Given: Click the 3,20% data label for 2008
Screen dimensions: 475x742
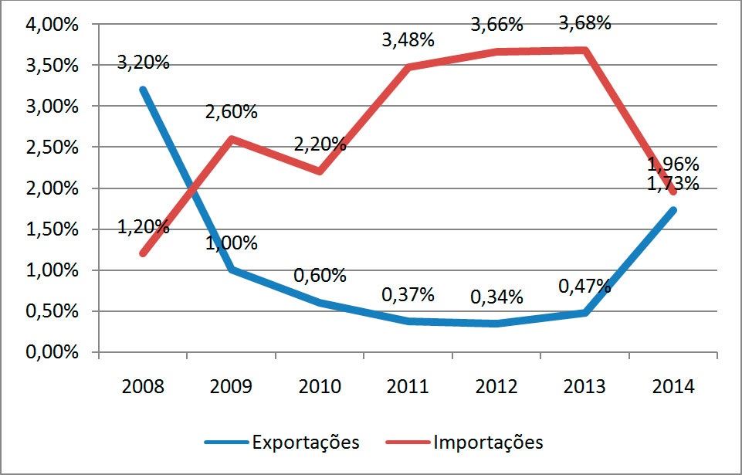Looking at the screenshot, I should (144, 63).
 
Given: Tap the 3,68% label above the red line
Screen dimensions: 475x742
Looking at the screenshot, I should (584, 22).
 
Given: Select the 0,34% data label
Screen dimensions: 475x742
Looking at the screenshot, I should (496, 297).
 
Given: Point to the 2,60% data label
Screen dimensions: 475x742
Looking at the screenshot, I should (231, 112).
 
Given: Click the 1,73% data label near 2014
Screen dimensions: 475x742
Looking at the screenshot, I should (673, 184).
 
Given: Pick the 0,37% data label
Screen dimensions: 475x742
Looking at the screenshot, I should (408, 294).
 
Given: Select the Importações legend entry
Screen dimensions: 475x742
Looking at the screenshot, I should (488, 443).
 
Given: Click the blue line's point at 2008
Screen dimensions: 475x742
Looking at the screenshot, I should (143, 90).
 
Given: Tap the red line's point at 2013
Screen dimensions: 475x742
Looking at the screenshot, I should (584, 50).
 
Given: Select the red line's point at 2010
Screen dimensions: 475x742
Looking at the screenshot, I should (320, 171).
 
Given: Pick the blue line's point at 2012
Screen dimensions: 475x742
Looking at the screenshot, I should (496, 324).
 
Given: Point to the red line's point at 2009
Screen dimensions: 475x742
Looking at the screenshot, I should (231, 139).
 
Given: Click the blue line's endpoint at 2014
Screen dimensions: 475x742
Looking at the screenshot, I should (673, 210).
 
